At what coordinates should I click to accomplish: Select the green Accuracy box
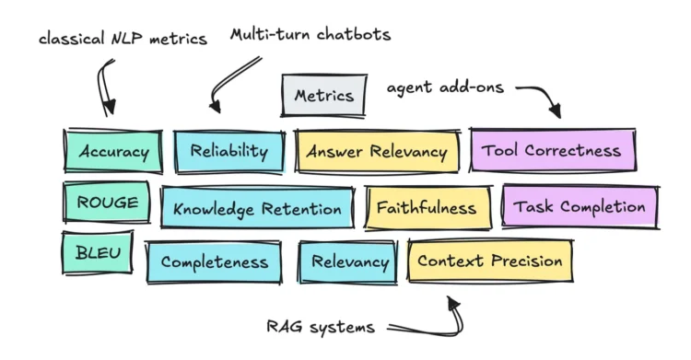point(113,151)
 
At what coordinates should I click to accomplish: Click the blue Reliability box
point(228,151)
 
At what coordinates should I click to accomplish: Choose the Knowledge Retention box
point(257,209)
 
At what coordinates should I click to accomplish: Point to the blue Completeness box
point(215,261)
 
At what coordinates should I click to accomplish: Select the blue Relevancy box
point(350,261)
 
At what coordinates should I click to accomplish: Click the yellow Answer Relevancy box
point(377,151)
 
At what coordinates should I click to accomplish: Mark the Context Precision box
point(489,261)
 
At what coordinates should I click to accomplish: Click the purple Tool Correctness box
point(552,151)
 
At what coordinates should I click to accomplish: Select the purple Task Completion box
point(580,207)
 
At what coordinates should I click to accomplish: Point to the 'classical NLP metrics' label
point(123,39)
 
